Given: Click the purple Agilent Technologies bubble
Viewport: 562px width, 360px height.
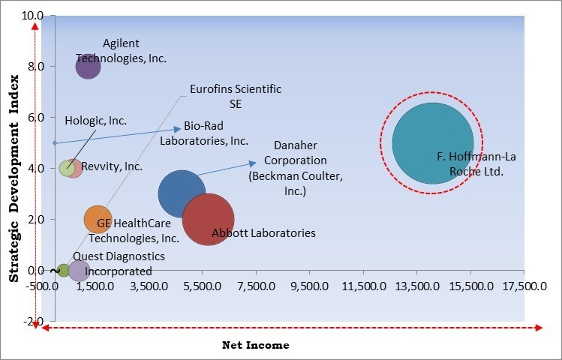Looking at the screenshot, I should pyautogui.click(x=89, y=66).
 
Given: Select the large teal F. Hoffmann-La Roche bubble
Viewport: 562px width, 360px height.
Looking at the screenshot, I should pyautogui.click(x=433, y=142).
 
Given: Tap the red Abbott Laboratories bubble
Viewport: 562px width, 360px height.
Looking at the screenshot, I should pyautogui.click(x=209, y=219).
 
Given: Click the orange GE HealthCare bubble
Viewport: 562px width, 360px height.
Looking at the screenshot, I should pyautogui.click(x=98, y=220).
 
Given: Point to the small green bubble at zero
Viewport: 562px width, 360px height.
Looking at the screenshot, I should pyautogui.click(x=64, y=270).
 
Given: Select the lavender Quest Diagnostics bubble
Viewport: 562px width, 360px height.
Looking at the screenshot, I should pyautogui.click(x=79, y=270).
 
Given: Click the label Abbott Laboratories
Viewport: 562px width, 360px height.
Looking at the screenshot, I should pyautogui.click(x=263, y=233).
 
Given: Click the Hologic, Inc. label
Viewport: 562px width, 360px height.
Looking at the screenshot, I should pyautogui.click(x=95, y=120).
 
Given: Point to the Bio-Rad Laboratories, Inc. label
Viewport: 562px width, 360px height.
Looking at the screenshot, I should pyautogui.click(x=204, y=133).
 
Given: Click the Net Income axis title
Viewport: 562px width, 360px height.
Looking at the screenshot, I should pyautogui.click(x=255, y=345).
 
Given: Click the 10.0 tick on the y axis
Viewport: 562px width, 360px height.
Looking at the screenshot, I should pyautogui.click(x=32, y=15).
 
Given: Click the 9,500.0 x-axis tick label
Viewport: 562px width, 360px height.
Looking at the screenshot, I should pyautogui.click(x=310, y=286).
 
